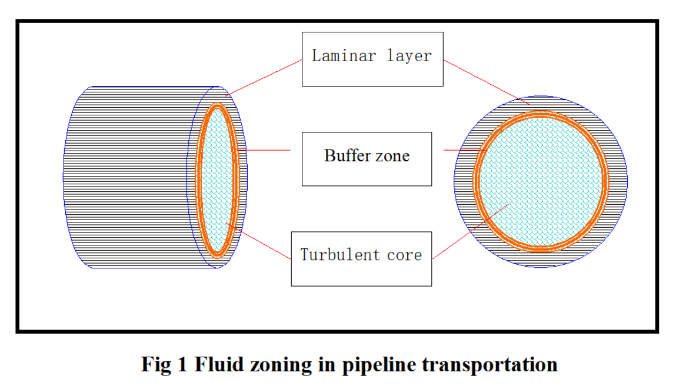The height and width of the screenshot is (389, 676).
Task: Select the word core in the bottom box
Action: (x=405, y=255)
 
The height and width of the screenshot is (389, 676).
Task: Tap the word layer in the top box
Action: (x=409, y=56)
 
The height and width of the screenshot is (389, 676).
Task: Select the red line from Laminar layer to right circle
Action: (x=482, y=81)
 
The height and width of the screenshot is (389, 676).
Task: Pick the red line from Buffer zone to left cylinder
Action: (x=268, y=150)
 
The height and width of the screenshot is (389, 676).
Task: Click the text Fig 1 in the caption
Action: (x=164, y=365)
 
